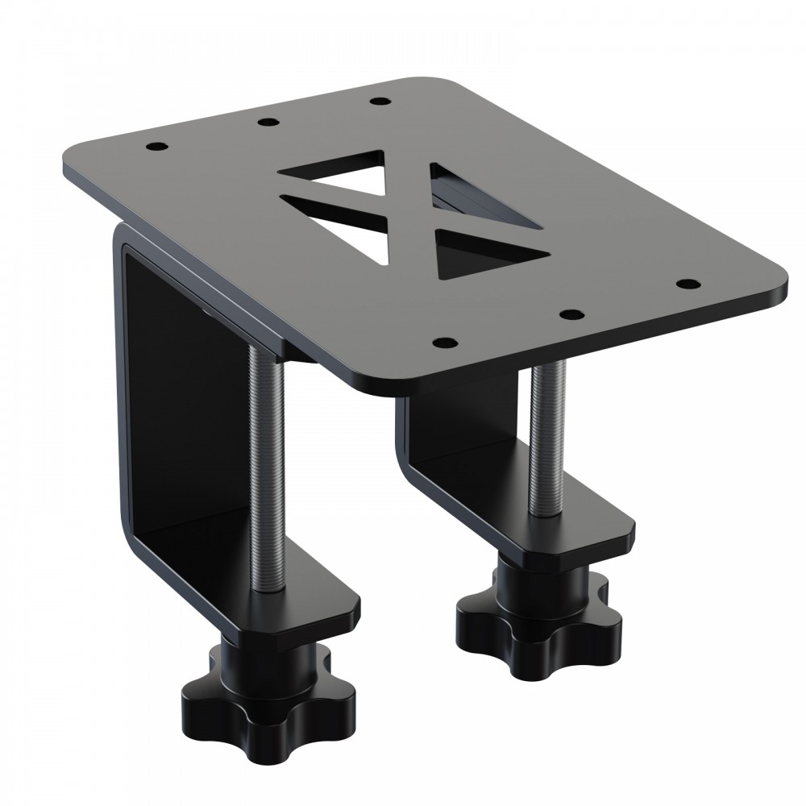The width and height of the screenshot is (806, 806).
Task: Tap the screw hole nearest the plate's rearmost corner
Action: coord(379,102)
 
